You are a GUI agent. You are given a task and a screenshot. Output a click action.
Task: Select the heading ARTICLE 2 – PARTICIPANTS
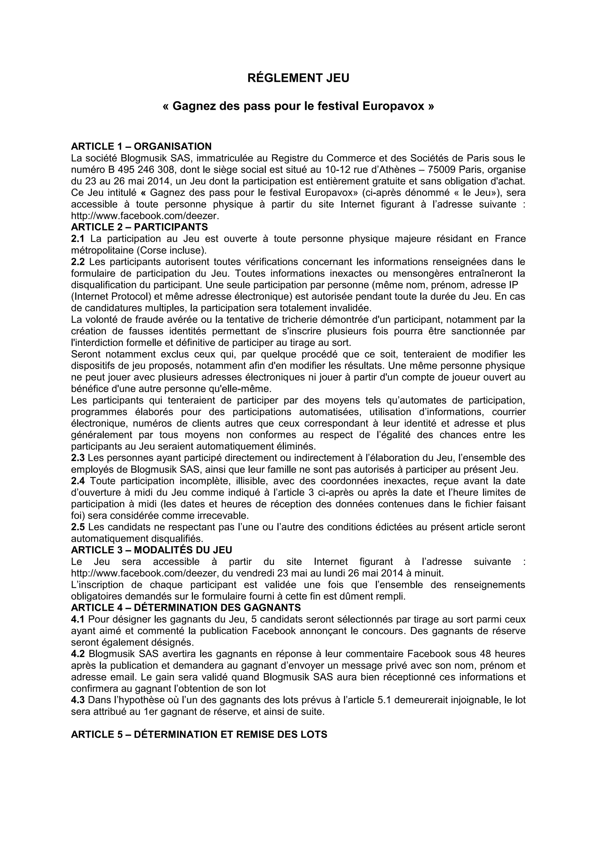click(x=139, y=227)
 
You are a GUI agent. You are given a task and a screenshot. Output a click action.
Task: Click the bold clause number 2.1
click(x=78, y=239)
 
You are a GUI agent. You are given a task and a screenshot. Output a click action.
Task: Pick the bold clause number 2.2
click(x=78, y=262)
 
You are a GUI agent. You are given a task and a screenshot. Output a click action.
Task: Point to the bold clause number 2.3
click(x=78, y=458)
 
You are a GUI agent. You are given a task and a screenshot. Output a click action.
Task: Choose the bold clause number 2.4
click(x=78, y=481)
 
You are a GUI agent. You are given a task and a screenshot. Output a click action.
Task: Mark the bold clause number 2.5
click(x=78, y=527)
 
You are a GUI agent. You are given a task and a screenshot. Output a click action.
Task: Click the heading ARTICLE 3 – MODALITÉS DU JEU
click(x=152, y=550)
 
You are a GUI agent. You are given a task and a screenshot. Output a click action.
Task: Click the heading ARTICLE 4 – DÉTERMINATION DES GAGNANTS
click(x=186, y=607)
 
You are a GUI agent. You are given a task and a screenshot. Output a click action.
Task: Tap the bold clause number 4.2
click(x=78, y=654)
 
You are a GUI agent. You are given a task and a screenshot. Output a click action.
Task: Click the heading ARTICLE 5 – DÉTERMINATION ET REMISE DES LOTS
click(x=199, y=734)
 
